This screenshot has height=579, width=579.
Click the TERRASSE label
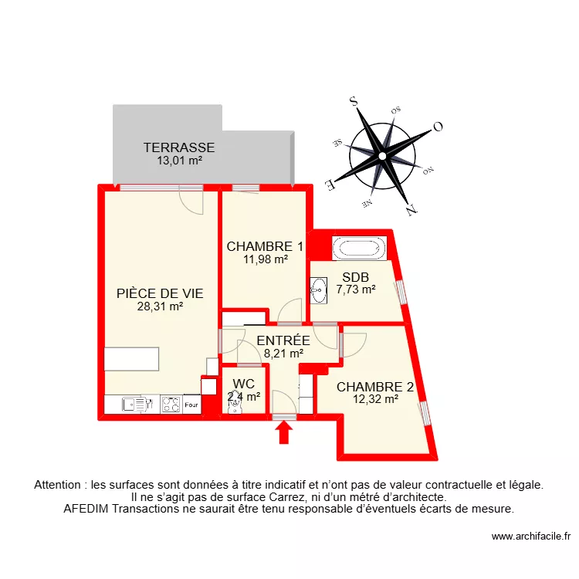click(178, 147)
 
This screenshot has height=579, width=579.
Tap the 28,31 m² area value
click(160, 306)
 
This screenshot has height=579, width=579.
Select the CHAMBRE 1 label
click(264, 246)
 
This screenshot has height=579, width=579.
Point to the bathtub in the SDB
click(357, 249)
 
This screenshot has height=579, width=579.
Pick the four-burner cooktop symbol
click(171, 404)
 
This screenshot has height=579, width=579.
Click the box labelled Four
click(191, 404)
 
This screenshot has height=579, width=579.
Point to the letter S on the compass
click(354, 100)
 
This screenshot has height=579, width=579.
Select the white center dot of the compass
click(381, 155)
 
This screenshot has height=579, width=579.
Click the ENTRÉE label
click(283, 340)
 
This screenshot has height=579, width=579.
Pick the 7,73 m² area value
click(356, 289)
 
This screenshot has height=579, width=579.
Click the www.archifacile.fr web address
click(530, 537)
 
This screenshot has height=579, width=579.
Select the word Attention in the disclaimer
click(59, 486)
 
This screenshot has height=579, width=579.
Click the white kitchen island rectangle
click(132, 360)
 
